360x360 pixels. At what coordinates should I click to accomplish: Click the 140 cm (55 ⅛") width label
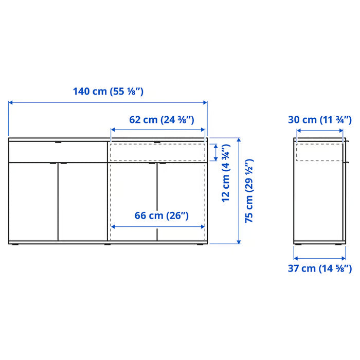point(107,92)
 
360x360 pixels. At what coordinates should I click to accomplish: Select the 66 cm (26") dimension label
point(161,215)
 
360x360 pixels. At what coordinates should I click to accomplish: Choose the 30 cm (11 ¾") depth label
point(319,120)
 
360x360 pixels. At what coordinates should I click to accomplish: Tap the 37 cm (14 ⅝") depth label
point(319,268)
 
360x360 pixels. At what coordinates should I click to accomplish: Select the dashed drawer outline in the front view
point(158,153)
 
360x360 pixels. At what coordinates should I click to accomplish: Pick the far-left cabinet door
point(33,202)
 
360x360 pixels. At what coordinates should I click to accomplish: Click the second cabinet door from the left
point(82,202)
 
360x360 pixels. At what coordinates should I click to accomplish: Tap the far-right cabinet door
point(182,202)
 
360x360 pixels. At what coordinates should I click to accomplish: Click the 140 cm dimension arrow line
point(107,102)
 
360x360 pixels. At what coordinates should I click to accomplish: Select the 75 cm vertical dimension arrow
point(239,190)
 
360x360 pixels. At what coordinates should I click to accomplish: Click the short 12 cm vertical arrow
point(216,153)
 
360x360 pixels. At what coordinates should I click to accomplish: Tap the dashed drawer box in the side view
point(319,153)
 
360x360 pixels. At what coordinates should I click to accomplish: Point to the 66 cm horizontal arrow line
point(158,226)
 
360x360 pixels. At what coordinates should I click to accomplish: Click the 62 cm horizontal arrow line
point(158,130)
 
